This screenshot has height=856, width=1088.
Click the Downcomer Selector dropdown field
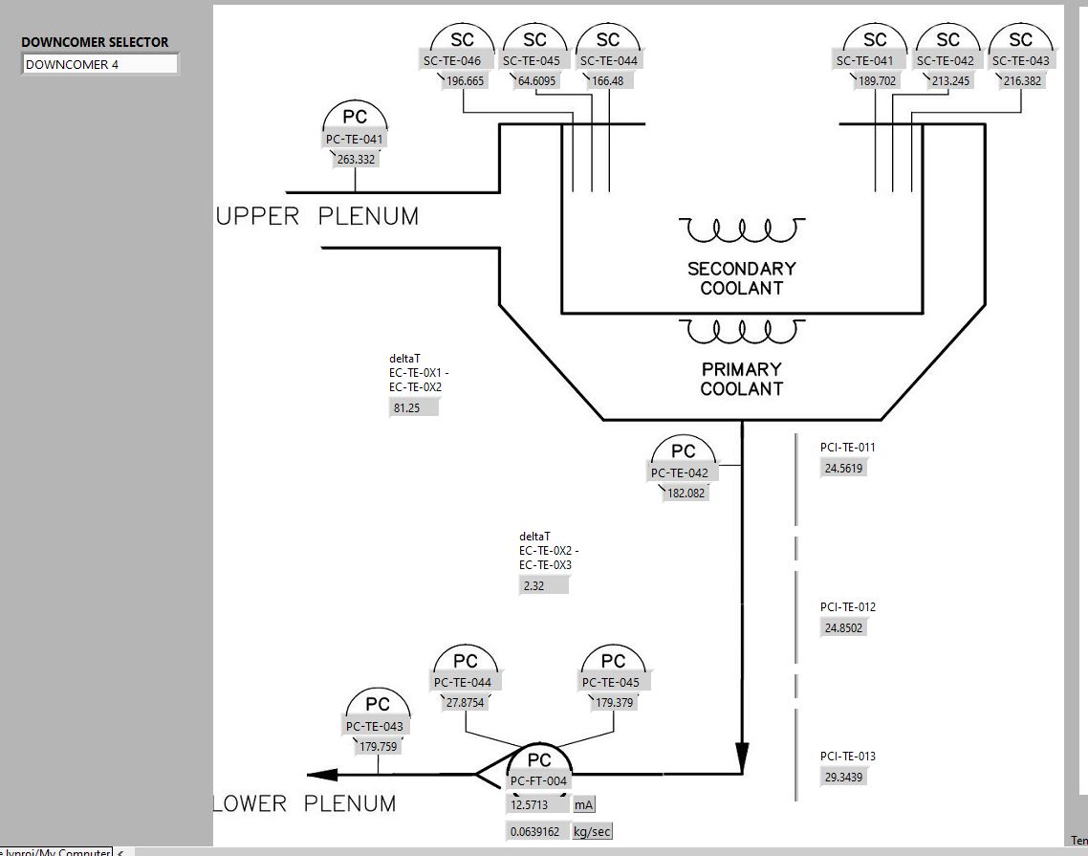coord(99,64)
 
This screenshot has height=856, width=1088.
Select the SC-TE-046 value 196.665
coord(465,81)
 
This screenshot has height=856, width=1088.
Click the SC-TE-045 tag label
coord(535,61)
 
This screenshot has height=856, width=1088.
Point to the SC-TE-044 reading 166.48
coord(608,81)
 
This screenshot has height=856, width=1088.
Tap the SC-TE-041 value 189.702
coord(877,81)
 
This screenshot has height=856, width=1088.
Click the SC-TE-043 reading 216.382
coord(1022,81)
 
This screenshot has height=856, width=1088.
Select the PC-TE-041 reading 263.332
coord(356,160)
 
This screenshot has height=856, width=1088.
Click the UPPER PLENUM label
coord(317,217)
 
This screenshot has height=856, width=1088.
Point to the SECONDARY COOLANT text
coord(741,278)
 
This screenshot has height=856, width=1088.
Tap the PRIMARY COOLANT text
coord(741,379)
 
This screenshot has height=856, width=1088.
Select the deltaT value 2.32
coord(544,585)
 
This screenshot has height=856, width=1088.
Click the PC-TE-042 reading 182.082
coord(685,494)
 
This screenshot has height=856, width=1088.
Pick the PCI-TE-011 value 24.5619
coord(844,469)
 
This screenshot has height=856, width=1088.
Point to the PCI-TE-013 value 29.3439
coord(844,778)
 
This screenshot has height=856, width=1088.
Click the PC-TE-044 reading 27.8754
coord(466,702)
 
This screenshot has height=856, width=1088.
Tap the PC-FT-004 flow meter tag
coord(539,781)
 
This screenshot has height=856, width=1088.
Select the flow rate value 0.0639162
coord(536,831)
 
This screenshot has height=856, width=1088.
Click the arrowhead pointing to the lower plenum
coord(323,775)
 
